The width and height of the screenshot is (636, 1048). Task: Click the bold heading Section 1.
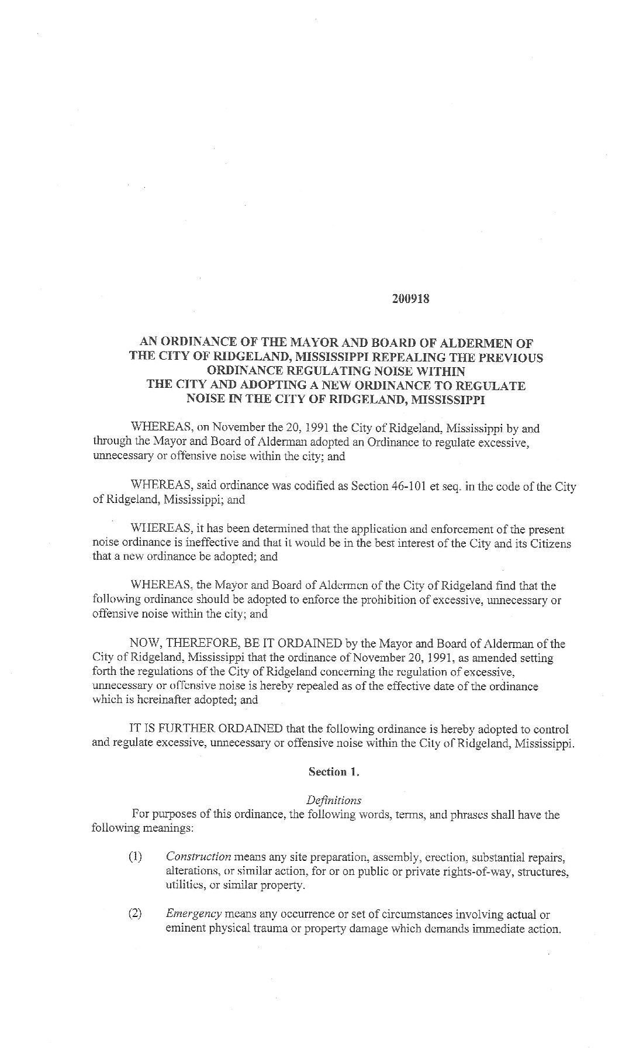334,772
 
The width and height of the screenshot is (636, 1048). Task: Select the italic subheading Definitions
334,800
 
